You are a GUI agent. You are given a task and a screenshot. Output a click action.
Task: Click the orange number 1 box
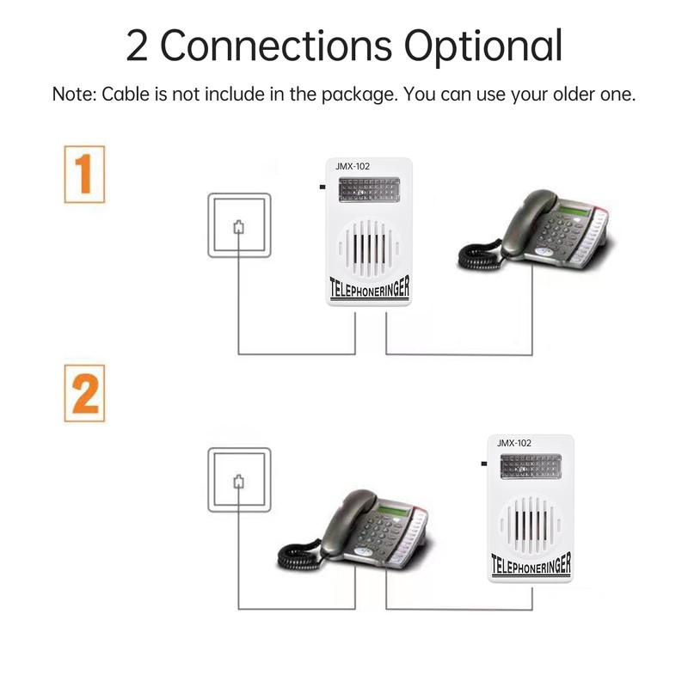(x=84, y=175)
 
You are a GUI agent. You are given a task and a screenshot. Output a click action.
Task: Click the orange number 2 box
(x=84, y=393)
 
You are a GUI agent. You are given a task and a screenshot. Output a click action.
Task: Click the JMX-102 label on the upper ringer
(x=353, y=165)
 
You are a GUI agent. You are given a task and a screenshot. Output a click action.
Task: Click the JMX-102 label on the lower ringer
(x=513, y=443)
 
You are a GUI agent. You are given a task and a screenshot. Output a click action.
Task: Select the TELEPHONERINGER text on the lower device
(x=530, y=565)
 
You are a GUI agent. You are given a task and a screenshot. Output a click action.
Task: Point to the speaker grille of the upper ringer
(x=372, y=246)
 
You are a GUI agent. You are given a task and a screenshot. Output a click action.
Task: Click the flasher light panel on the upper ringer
(x=372, y=190)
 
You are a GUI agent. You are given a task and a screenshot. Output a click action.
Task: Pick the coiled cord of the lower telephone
(x=297, y=555)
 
